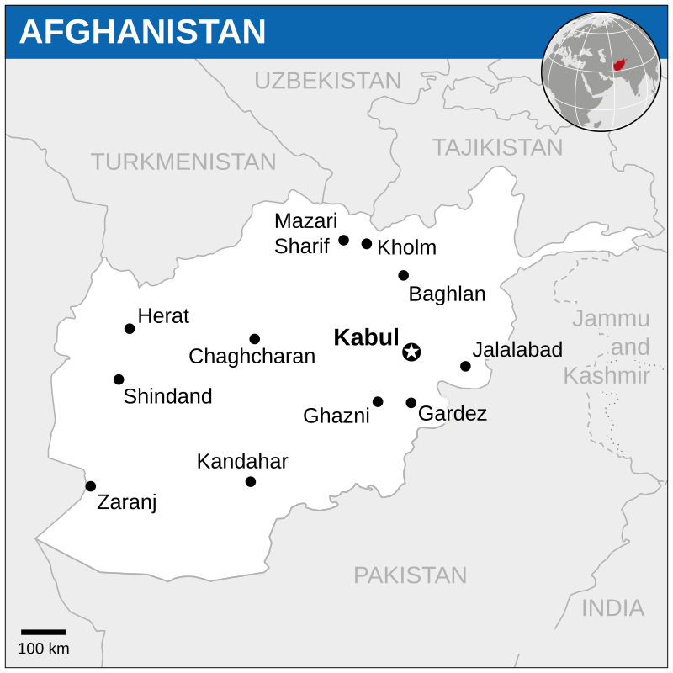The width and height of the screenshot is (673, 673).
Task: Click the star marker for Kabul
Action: click(411, 352)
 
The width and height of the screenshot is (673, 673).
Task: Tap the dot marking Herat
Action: click(130, 329)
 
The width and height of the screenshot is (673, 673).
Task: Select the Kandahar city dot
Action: click(251, 482)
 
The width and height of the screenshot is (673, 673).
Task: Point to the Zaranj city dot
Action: click(91, 486)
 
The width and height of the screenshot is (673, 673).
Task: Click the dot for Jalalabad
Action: click(465, 366)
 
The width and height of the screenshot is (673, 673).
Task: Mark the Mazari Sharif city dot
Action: click(343, 241)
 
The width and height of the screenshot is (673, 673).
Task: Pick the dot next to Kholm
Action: click(367, 244)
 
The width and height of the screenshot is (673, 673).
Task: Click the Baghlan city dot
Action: click(404, 275)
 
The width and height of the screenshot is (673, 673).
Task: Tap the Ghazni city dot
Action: click(378, 402)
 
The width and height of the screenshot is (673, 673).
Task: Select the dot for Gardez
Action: click(411, 403)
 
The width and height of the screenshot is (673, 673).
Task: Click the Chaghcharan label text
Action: click(252, 357)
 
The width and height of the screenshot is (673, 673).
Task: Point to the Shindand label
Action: click(167, 397)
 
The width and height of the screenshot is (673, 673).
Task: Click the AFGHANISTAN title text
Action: click(142, 32)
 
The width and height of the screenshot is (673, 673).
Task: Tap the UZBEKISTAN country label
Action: click(327, 81)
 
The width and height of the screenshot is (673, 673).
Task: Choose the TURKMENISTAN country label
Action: click(183, 162)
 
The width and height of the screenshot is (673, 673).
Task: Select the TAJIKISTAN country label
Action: click(497, 147)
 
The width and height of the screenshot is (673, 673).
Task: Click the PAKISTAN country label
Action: click(410, 575)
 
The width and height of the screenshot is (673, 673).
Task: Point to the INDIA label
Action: click(612, 608)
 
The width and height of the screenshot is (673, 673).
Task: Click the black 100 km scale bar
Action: click(43, 632)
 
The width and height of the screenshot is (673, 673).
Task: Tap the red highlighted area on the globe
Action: click(620, 65)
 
